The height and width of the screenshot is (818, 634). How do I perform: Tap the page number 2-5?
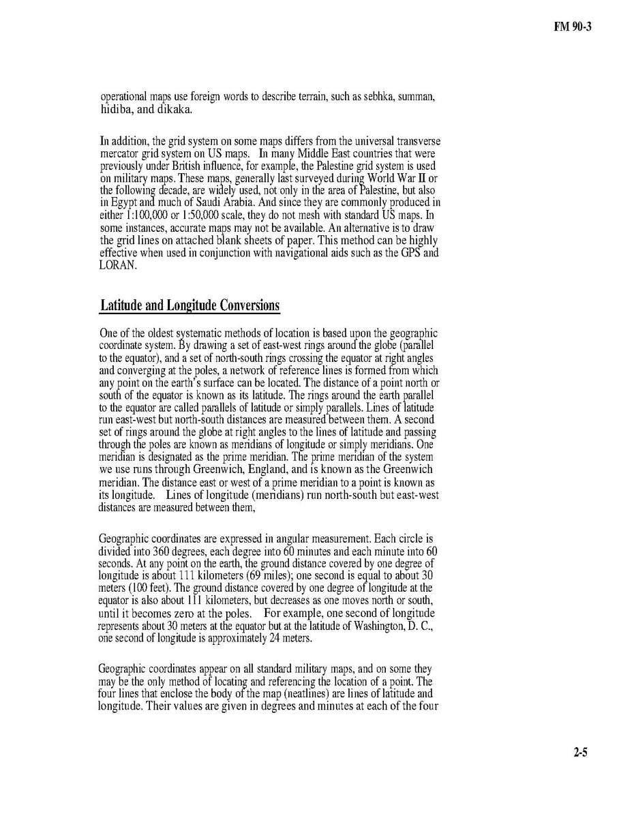point(580,753)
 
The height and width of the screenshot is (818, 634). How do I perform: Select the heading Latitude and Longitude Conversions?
point(190,305)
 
